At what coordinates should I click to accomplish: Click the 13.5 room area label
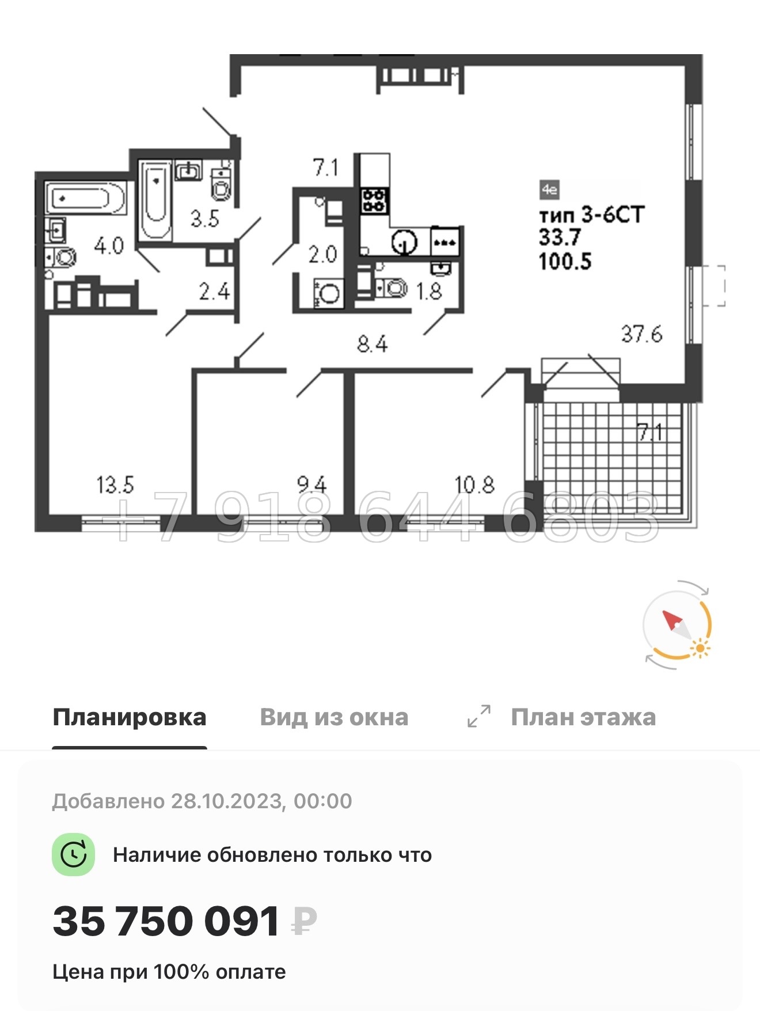click(x=115, y=485)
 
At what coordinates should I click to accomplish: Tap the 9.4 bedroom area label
click(x=311, y=485)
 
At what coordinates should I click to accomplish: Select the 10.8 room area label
click(x=474, y=485)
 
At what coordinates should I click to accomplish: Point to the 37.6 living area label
click(x=641, y=334)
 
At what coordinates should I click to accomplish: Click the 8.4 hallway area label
click(x=372, y=344)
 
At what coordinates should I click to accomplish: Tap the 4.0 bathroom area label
click(x=109, y=246)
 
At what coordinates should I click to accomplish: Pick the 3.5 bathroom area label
click(x=205, y=219)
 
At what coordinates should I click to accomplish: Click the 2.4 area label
click(x=214, y=292)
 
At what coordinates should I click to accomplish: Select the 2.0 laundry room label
click(x=322, y=254)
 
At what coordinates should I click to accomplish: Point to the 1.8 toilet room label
click(x=429, y=291)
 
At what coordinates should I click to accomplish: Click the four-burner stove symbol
click(x=375, y=200)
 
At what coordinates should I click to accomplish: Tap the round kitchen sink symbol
click(x=404, y=243)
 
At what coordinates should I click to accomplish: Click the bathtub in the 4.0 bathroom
click(x=85, y=198)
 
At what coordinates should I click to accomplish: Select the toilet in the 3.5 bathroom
click(x=221, y=184)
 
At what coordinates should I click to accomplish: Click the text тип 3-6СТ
click(x=591, y=215)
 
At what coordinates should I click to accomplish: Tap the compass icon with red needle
click(x=677, y=624)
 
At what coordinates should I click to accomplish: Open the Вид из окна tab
click(x=334, y=717)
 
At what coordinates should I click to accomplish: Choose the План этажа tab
click(x=583, y=717)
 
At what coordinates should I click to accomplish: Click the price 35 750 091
click(x=166, y=921)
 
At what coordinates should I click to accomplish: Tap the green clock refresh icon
click(x=74, y=855)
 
